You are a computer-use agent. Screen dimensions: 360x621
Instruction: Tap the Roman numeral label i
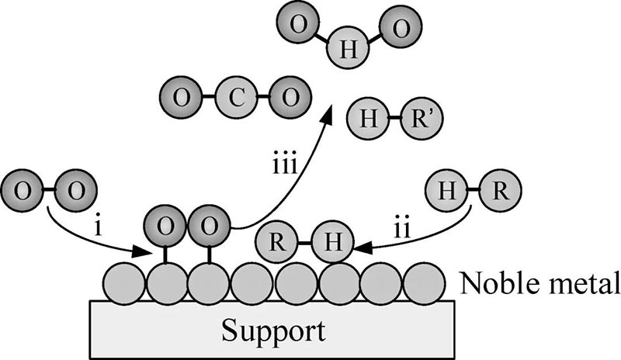pyautogui.click(x=95, y=230)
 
